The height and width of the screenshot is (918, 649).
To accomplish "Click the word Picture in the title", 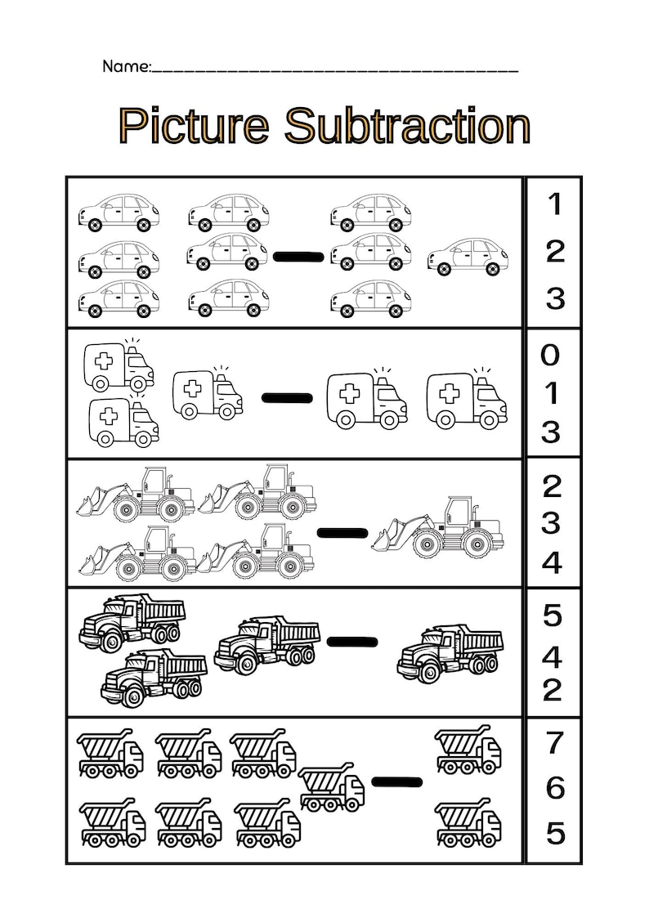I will tap(193, 126).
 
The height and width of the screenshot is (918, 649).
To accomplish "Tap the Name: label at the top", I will tap(127, 66).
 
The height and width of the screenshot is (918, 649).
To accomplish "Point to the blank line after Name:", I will tap(335, 70).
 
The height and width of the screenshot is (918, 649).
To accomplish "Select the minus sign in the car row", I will tap(298, 257).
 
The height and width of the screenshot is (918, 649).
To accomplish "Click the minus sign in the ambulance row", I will tap(287, 398).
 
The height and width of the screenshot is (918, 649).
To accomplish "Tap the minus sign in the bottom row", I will tap(397, 781).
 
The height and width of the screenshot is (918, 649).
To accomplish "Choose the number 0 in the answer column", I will tap(552, 356).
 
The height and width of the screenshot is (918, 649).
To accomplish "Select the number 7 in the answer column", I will tap(554, 742).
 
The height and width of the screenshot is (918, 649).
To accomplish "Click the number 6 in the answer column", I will tap(555, 788).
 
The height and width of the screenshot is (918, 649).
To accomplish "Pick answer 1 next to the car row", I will tap(555, 204).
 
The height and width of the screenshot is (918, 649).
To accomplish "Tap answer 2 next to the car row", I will tap(555, 251).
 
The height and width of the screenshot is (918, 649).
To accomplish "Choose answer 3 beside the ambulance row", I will tap(552, 431).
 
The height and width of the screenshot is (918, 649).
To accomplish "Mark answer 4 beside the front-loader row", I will tap(553, 562).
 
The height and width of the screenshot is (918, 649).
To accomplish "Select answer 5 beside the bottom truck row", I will tap(555, 834).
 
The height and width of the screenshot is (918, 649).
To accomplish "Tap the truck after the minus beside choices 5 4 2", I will tap(450, 652).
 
